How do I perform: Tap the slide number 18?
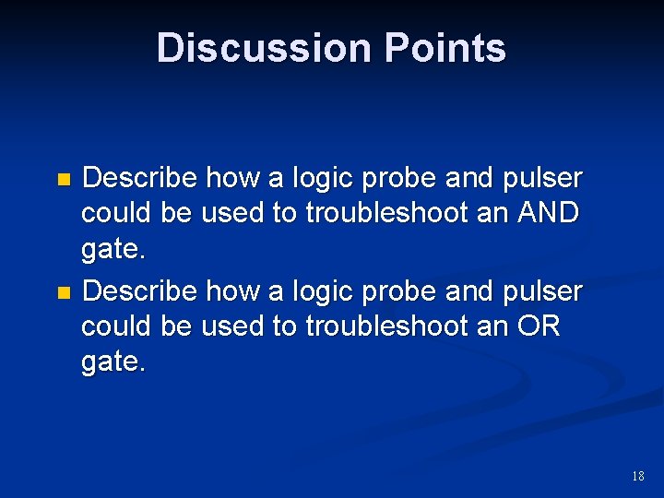pyautogui.click(x=637, y=476)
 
